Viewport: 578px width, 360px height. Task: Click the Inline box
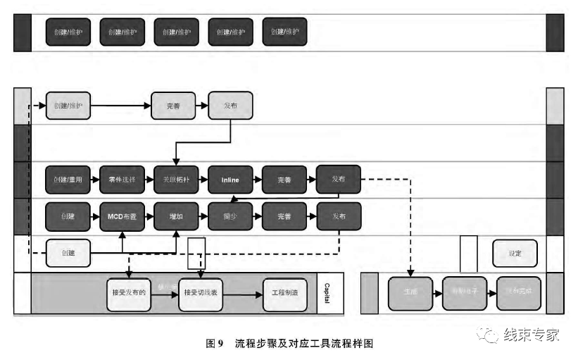click(x=230, y=180)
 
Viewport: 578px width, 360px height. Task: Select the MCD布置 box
click(x=122, y=216)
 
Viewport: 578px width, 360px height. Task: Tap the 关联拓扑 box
click(x=176, y=180)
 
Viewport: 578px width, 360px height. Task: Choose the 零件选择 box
click(x=122, y=180)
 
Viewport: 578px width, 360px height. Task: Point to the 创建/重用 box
click(x=68, y=180)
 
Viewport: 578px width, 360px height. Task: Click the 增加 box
click(x=176, y=216)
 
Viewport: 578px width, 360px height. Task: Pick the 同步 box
click(x=230, y=216)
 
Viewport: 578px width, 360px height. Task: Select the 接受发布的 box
click(x=130, y=291)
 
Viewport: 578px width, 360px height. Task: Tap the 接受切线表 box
click(x=202, y=291)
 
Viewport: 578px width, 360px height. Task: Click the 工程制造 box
click(x=285, y=291)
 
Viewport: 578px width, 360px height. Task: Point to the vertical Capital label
click(x=326, y=291)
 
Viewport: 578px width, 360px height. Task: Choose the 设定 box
click(x=515, y=253)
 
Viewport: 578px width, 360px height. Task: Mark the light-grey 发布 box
click(x=230, y=106)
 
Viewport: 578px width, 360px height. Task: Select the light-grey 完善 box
click(x=174, y=106)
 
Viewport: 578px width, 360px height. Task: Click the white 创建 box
click(x=68, y=253)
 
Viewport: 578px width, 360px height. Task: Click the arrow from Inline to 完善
click(x=257, y=180)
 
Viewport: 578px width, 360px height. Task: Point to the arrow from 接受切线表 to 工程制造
click(x=244, y=291)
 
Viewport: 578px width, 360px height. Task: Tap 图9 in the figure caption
click(x=214, y=343)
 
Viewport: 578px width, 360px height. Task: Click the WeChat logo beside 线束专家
click(x=487, y=335)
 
